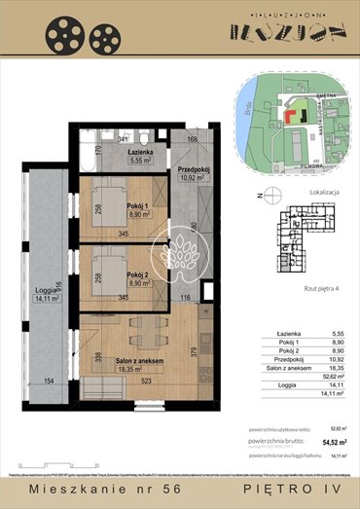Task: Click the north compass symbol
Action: click(263, 198)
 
